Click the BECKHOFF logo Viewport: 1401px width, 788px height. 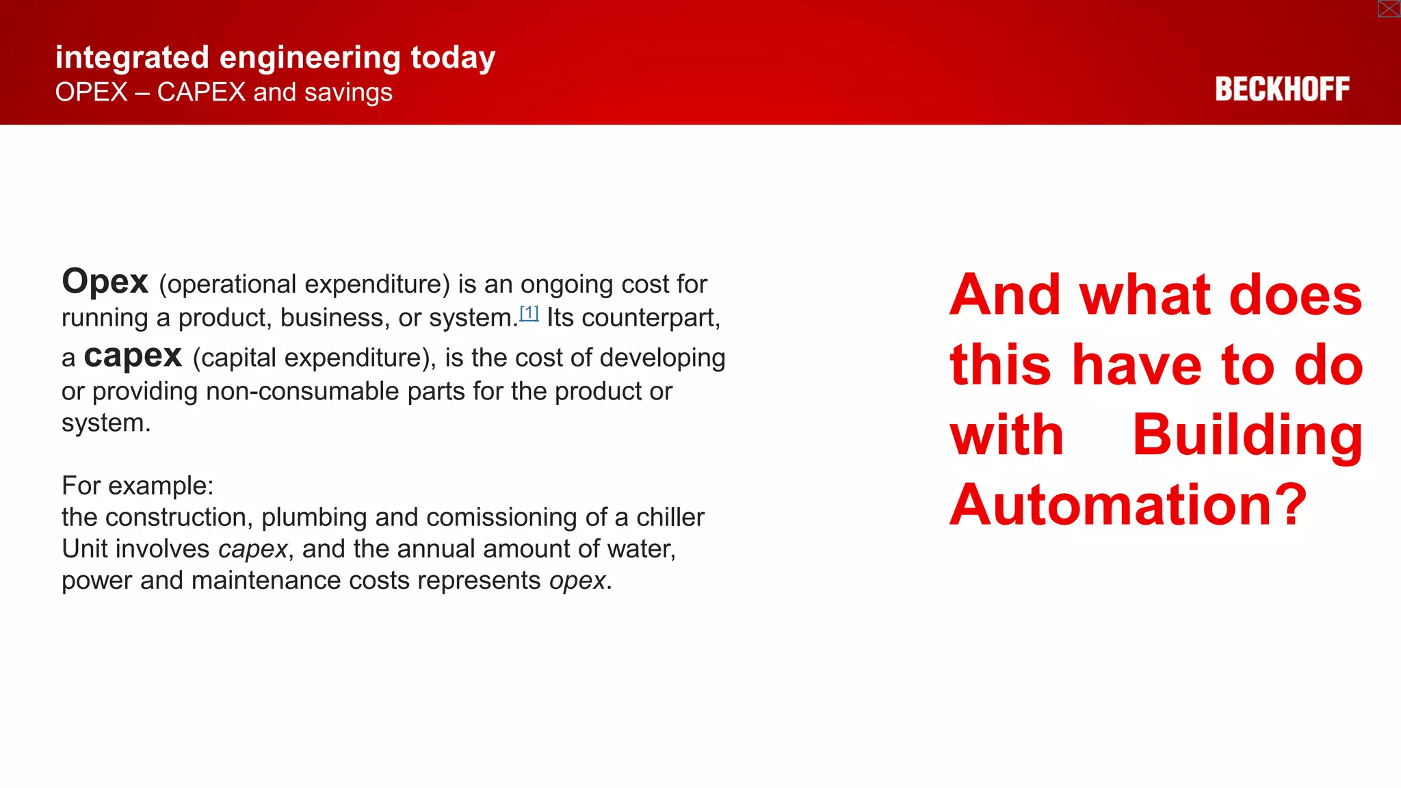click(1282, 90)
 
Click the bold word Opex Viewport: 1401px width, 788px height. click(105, 282)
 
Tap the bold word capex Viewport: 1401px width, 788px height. click(133, 356)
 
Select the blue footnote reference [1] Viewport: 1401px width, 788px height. click(529, 313)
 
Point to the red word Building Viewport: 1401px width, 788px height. click(1247, 435)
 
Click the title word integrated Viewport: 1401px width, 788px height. click(132, 57)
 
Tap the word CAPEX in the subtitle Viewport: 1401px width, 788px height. click(201, 92)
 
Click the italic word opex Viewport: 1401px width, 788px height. click(577, 581)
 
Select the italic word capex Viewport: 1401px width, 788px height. click(252, 549)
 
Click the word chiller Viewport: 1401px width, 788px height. click(670, 518)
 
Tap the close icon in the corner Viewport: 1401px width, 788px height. click(1389, 9)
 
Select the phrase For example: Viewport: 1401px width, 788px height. click(138, 486)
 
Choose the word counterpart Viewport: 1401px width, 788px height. click(647, 318)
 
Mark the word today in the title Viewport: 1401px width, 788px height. click(453, 57)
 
